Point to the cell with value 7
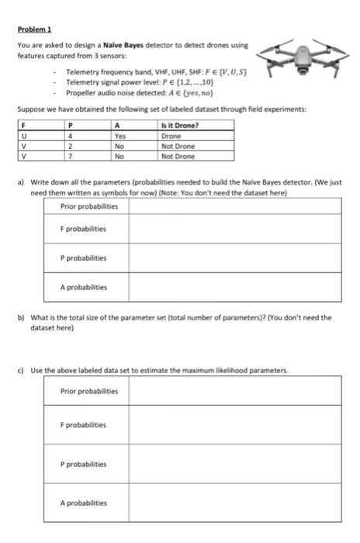(71, 155)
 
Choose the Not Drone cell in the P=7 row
(177, 155)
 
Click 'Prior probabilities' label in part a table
(89, 206)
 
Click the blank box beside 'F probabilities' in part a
(234, 230)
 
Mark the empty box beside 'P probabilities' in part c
(234, 464)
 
